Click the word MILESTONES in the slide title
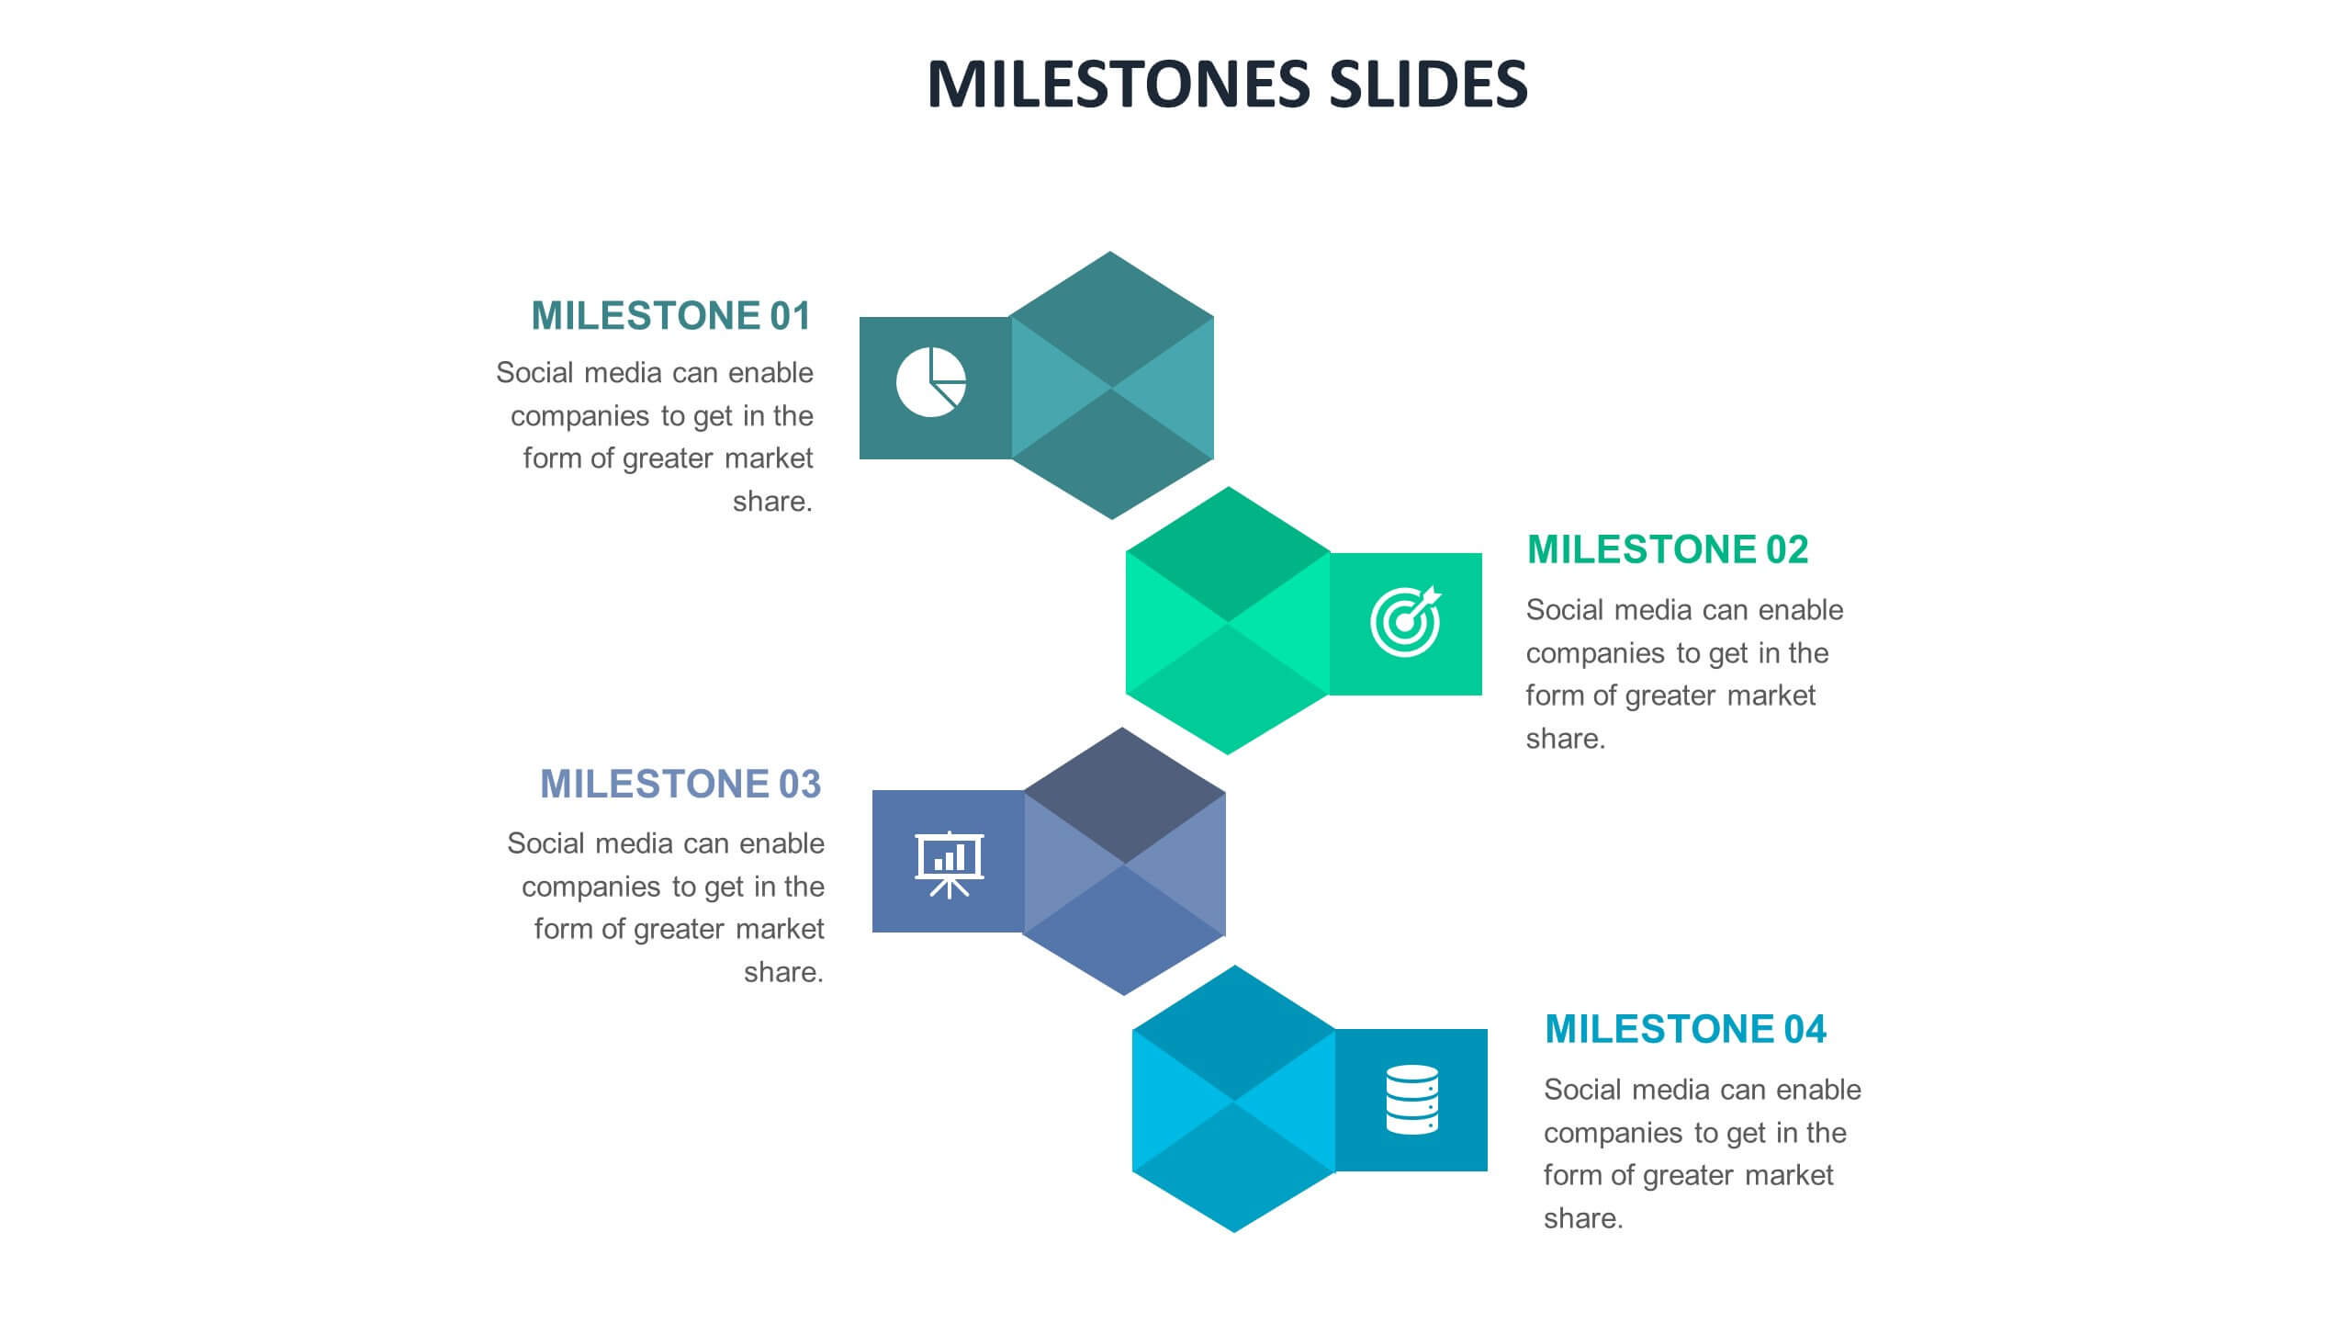[1119, 84]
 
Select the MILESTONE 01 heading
[670, 316]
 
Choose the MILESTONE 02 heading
[1667, 549]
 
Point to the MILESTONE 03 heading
[680, 785]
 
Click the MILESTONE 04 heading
[1685, 1029]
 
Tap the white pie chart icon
[930, 382]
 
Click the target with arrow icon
[1405, 621]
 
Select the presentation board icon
[949, 864]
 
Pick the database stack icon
[1411, 1100]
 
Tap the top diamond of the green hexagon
[1228, 555]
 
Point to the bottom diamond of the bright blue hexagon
[1233, 1167]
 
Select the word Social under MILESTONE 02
[1563, 610]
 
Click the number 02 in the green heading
[1786, 549]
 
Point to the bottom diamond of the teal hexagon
[1111, 454]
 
